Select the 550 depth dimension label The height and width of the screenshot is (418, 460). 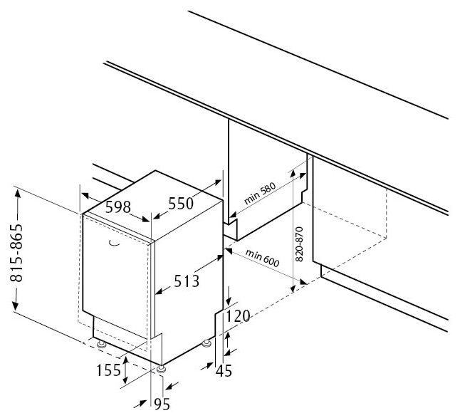tap(181, 204)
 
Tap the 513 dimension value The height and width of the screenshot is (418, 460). tap(184, 281)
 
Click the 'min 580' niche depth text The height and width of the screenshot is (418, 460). tap(258, 194)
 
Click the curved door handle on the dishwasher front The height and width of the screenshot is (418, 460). tap(113, 244)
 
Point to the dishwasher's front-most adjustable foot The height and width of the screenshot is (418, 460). tap(162, 369)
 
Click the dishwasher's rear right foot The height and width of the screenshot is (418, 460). tap(207, 344)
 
